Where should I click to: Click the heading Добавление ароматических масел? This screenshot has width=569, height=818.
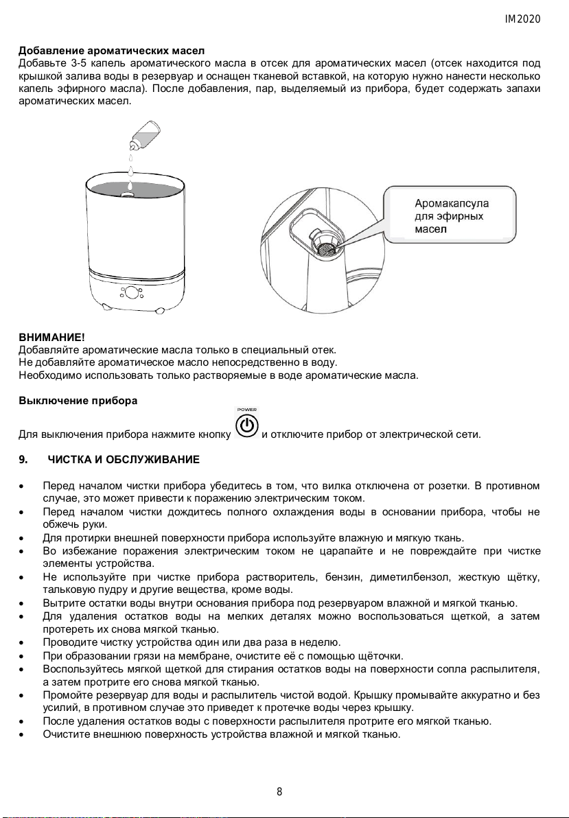[111, 52]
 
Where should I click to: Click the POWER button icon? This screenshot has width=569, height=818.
[247, 426]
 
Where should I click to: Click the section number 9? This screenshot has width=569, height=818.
[23, 458]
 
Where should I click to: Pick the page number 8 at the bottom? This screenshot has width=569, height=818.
[279, 792]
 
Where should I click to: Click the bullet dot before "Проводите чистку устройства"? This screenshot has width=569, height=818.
[25, 643]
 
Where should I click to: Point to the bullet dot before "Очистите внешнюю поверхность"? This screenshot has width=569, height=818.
[25, 734]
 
